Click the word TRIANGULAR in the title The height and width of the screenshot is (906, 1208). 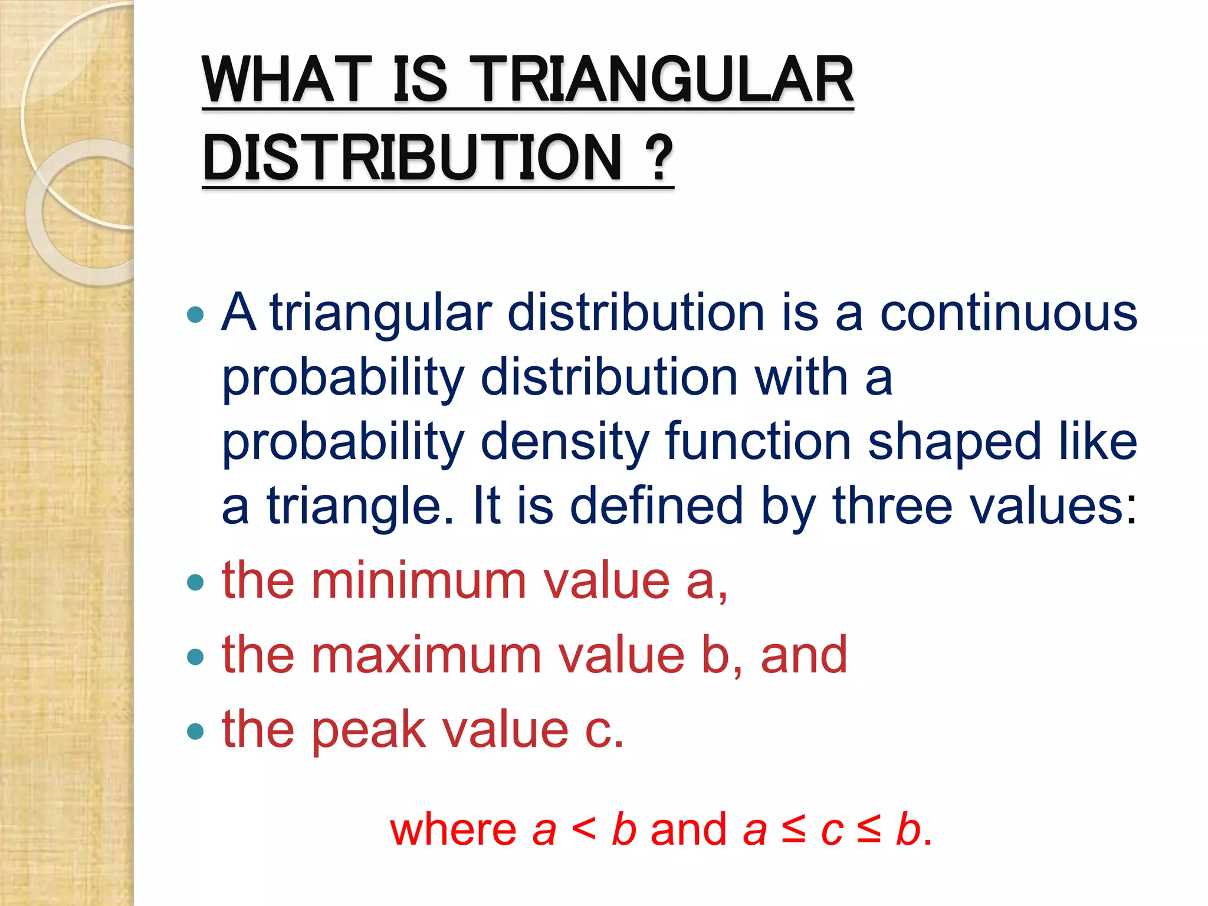tap(664, 80)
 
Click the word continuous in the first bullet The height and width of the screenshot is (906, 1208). tap(1008, 313)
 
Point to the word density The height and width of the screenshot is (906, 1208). tap(564, 442)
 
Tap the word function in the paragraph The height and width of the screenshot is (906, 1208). tap(758, 441)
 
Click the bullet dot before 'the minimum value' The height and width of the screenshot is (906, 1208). tap(195, 583)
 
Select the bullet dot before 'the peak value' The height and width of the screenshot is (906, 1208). tap(195, 732)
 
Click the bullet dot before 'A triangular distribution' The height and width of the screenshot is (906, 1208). tap(195, 314)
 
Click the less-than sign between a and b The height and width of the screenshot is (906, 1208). tap(583, 828)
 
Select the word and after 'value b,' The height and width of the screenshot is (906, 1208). tap(804, 655)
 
